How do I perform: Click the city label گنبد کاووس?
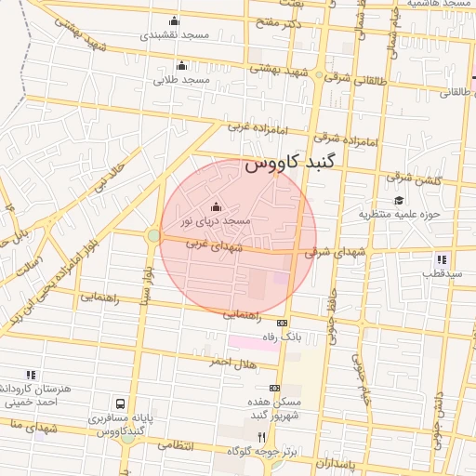[293, 165]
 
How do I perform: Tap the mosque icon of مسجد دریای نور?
[217, 206]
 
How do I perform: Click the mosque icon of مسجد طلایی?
[181, 65]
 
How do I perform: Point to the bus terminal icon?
[120, 404]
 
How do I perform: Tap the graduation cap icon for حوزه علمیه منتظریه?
[399, 200]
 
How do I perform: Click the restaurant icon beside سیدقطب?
[441, 259]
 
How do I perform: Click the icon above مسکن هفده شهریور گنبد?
[274, 388]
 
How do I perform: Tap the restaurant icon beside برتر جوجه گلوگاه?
[262, 437]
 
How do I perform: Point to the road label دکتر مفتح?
[280, 22]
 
